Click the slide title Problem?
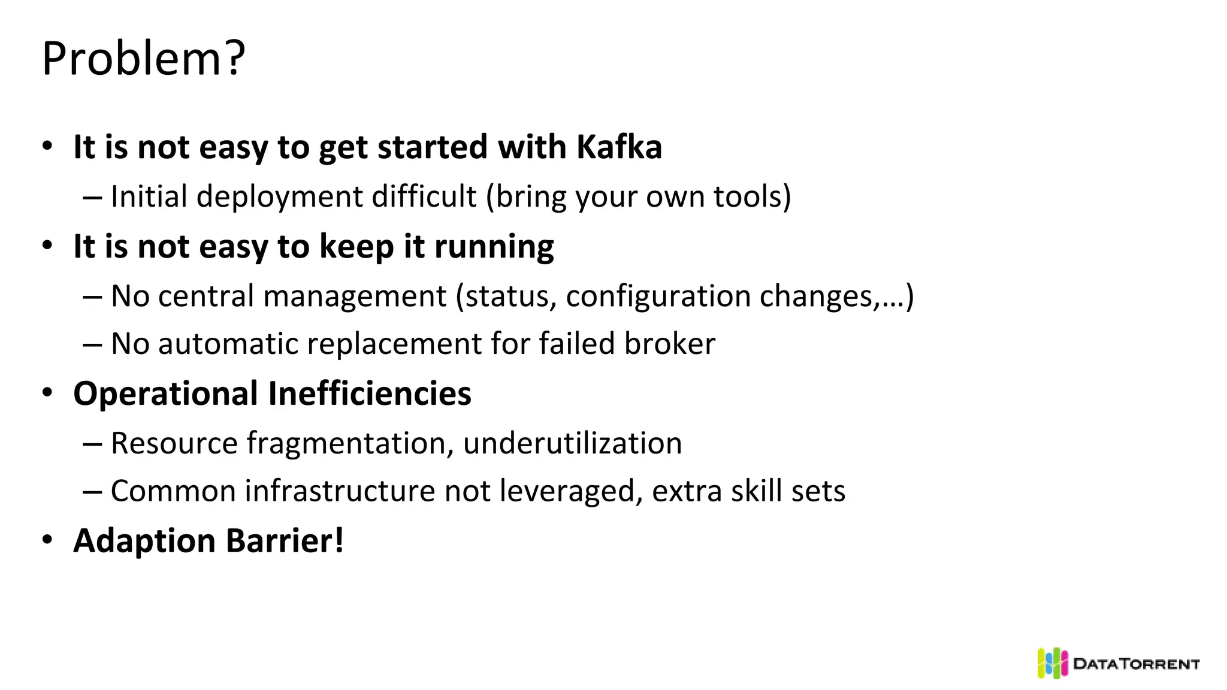tap(144, 59)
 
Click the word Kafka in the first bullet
tap(619, 147)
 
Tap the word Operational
tap(166, 394)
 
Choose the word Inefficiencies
tap(369, 394)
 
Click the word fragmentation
tap(346, 444)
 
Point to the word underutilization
tap(572, 444)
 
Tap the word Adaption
tap(144, 541)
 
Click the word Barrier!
tap(285, 541)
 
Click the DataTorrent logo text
tap(1136, 664)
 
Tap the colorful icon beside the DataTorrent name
tap(1052, 663)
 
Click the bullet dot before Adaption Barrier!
tap(47, 540)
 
